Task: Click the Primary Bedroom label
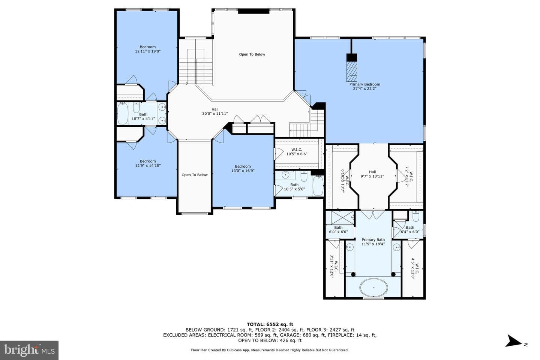364,86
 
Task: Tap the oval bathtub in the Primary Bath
373,288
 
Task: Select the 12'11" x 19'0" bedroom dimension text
147,51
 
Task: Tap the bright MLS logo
29,350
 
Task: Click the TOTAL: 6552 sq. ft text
270,324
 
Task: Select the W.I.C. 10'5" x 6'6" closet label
297,152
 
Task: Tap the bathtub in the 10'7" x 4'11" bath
123,114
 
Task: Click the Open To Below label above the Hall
252,54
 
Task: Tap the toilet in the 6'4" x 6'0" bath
416,216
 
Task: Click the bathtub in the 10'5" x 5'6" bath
318,186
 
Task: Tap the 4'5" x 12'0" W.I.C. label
415,268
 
